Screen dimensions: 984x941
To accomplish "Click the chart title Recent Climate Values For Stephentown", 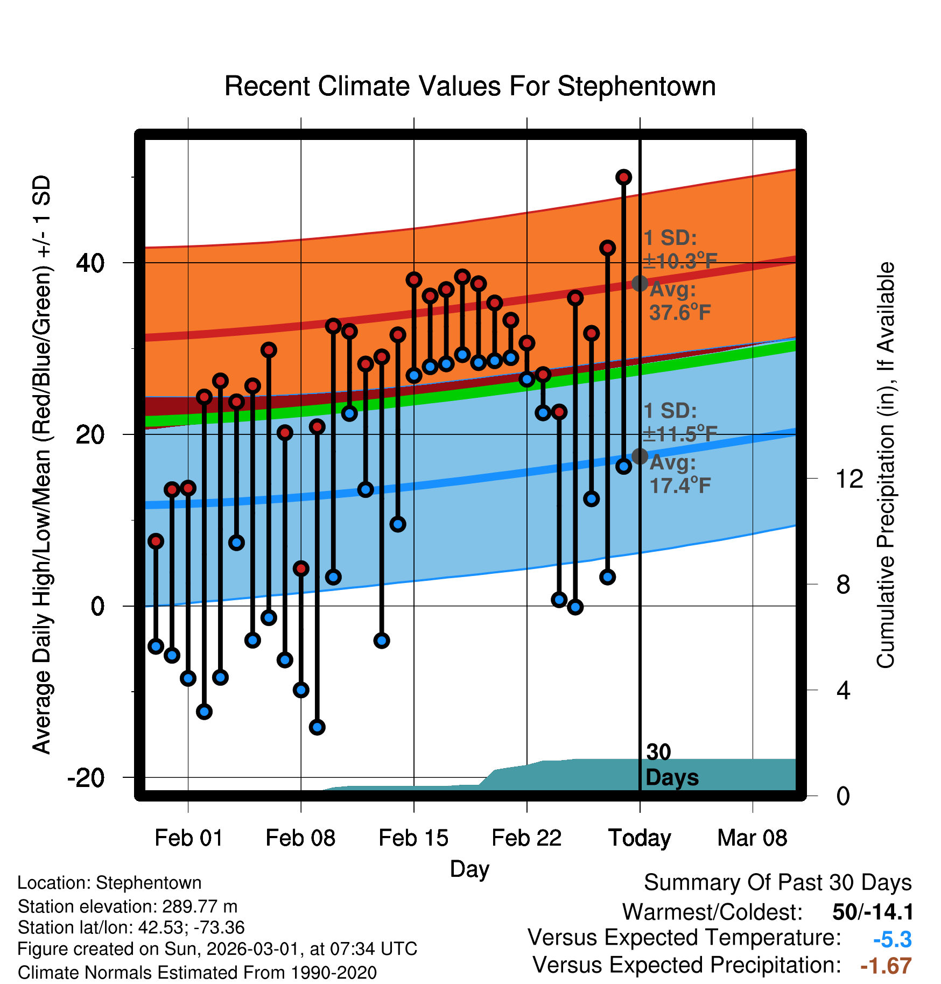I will [470, 87].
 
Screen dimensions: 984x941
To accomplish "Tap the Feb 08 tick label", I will [300, 838].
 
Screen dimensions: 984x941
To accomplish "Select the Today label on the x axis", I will [640, 838].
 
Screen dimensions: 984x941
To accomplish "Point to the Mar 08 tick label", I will [752, 838].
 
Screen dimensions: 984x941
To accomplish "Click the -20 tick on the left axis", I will [86, 778].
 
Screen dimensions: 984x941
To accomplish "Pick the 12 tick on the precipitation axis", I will [849, 479].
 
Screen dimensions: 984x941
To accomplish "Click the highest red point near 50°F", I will [623, 177].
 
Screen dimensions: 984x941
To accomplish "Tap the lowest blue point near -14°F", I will [317, 727].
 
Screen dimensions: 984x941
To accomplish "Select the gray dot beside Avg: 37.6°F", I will [640, 283].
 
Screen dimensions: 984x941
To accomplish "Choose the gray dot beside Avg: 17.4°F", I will [640, 456].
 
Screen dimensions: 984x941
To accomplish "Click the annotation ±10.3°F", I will [680, 262].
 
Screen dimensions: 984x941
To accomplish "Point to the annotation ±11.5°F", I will [680, 434].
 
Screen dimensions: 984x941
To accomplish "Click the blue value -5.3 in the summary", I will [892, 940].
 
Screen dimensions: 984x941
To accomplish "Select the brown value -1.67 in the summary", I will [886, 966].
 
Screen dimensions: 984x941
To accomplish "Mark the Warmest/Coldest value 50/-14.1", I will [873, 912].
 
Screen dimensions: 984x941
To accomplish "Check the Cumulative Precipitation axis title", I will [886, 465].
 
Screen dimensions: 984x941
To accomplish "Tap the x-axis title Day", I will [469, 869].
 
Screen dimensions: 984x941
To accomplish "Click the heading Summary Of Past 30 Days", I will [777, 883].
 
